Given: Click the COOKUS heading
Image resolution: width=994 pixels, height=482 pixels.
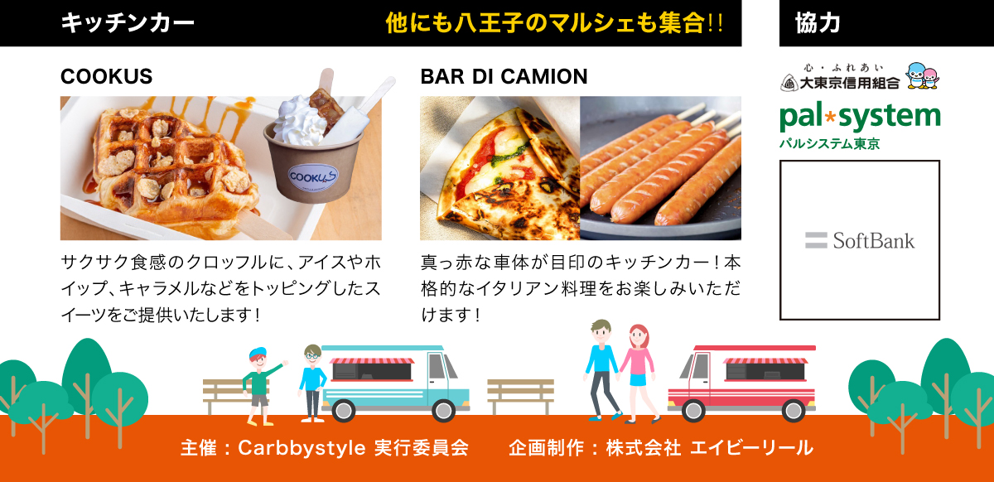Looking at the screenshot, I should (x=107, y=77).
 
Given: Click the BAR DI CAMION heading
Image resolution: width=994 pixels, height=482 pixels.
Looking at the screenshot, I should (x=504, y=77).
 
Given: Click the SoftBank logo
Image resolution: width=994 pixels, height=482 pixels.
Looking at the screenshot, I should (x=860, y=241).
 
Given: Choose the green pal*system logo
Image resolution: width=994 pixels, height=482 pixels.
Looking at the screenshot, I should (x=860, y=115).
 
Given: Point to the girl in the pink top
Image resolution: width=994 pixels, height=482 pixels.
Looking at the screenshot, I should (x=637, y=369).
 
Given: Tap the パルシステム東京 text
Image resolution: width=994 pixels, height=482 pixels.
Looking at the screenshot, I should (x=829, y=143).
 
